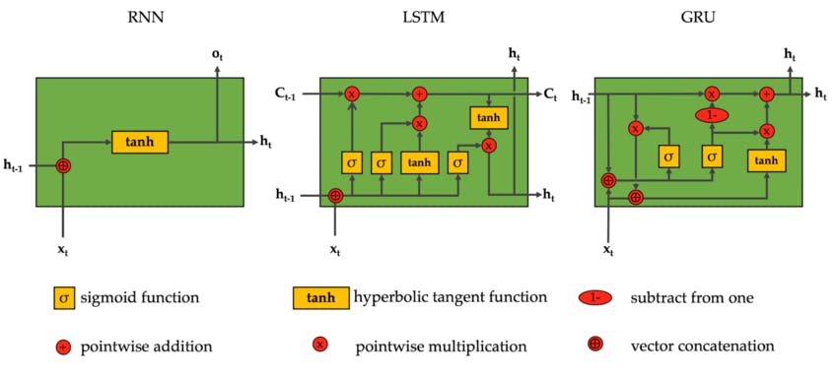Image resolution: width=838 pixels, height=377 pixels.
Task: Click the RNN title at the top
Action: click(139, 18)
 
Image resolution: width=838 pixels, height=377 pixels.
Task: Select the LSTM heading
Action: click(423, 18)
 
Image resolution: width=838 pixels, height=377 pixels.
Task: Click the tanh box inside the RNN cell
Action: click(140, 142)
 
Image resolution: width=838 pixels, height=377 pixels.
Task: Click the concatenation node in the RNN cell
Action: click(64, 165)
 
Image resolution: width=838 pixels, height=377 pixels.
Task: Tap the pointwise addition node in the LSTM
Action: click(419, 94)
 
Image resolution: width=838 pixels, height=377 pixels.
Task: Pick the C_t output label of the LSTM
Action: click(550, 94)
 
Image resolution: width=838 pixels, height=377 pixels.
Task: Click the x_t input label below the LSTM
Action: click(336, 250)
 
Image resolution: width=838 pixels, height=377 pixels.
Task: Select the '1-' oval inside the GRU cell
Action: click(711, 114)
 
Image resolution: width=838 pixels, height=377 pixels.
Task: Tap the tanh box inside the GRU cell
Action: click(766, 160)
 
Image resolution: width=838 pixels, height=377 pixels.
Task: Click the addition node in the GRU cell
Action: click(766, 94)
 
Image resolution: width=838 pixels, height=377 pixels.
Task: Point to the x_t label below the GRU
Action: click(608, 250)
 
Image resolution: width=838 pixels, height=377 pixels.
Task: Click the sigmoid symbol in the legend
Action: click(64, 297)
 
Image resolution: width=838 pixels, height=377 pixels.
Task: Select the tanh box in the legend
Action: click(320, 297)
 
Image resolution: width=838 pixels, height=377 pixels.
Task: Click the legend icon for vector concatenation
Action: click(595, 346)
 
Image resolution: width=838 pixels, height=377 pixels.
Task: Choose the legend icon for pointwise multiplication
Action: click(319, 346)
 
